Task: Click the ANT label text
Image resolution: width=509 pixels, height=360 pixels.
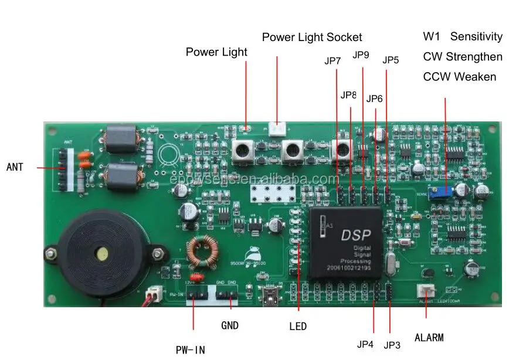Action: tap(15, 167)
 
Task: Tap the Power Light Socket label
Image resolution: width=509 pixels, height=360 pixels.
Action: tap(312, 37)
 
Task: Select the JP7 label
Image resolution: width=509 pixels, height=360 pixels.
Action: tap(332, 60)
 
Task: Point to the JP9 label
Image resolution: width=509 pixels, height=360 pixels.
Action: tap(361, 55)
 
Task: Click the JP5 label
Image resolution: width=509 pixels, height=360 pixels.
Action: tap(391, 60)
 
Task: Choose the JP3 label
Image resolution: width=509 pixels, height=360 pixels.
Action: tap(392, 345)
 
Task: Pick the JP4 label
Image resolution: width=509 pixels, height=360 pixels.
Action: tap(365, 344)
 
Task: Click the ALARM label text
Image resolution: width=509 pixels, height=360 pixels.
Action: tap(429, 337)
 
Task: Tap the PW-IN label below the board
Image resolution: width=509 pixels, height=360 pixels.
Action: tap(191, 349)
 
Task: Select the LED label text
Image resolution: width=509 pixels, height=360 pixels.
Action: tap(298, 326)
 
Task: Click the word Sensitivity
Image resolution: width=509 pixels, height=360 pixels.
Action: tap(476, 36)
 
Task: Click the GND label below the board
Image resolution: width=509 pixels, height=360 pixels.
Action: tap(230, 325)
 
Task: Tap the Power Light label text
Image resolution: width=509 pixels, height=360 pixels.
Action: tap(216, 52)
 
